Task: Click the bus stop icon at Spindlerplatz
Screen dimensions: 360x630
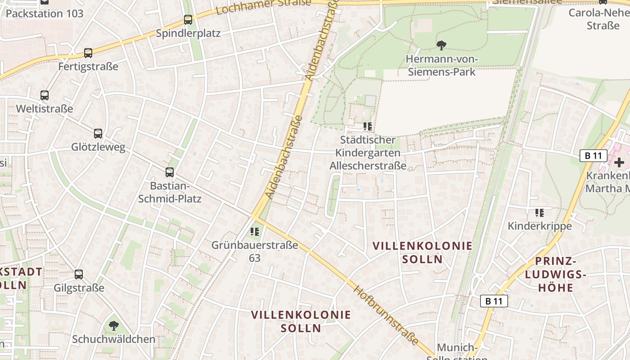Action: pos(188,20)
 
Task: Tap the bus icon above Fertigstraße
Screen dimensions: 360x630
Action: pos(88,53)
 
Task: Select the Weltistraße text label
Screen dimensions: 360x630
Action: pos(44,109)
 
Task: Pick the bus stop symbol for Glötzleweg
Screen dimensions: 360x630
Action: pos(98,134)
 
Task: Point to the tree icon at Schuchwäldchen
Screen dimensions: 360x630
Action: pos(114,325)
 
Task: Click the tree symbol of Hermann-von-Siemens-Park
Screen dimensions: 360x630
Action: pos(441,45)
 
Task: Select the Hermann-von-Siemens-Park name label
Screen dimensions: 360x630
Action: pos(441,65)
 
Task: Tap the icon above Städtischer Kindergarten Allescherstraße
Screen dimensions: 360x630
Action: pos(368,126)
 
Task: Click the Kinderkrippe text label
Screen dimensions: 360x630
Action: pos(540,226)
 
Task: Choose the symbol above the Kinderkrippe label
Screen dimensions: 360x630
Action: pos(540,212)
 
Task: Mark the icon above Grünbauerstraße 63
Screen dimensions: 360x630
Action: pos(255,232)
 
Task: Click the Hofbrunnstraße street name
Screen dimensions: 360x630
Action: pos(386,315)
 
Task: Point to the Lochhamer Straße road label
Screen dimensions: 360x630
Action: pos(263,6)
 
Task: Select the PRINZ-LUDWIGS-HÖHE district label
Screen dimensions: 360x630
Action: pos(556,274)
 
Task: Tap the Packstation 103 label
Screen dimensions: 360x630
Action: pos(45,13)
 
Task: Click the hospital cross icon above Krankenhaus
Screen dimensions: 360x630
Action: pos(619,162)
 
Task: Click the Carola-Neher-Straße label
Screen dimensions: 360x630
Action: pos(598,19)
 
